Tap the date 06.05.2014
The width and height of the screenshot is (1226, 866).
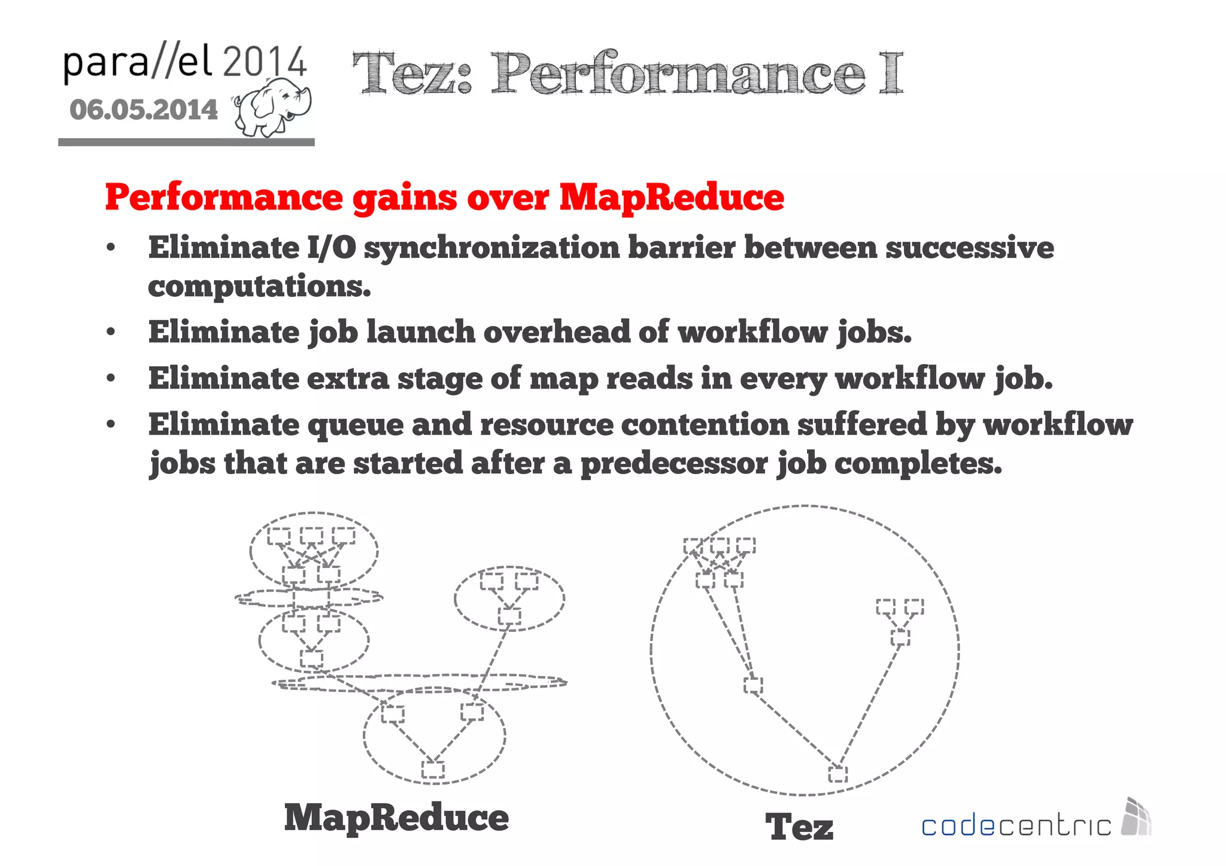(x=144, y=110)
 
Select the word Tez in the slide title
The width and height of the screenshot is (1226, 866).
(x=412, y=74)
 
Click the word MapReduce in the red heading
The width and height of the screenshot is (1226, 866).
(x=671, y=197)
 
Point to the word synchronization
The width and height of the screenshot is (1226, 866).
(x=491, y=248)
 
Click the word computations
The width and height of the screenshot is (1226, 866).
(x=259, y=286)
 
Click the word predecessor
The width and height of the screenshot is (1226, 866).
(x=674, y=464)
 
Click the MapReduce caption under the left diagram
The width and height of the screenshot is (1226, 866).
(x=396, y=818)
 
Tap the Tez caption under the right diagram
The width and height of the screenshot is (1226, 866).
(x=799, y=827)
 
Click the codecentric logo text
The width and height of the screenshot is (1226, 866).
(x=1016, y=826)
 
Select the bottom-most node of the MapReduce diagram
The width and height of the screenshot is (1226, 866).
(x=433, y=770)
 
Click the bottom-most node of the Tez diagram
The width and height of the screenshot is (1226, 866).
(x=837, y=774)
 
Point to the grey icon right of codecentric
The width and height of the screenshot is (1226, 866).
(x=1136, y=816)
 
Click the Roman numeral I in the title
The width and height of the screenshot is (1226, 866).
(x=891, y=73)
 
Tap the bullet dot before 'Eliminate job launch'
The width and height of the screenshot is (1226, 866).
(x=111, y=332)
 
